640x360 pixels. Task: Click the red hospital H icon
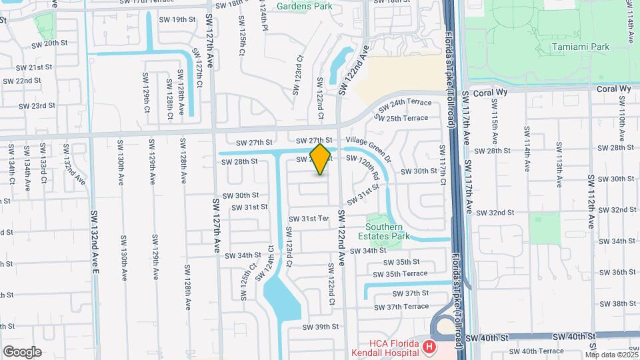pos(430,347)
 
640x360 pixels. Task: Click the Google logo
pos(22,351)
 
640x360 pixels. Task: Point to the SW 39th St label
pos(321,327)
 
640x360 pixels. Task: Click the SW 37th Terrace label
pos(401,307)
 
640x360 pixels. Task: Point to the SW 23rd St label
pos(37,105)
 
